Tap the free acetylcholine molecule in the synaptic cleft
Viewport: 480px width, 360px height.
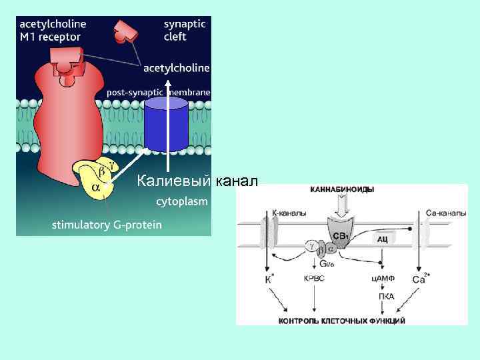point(124,30)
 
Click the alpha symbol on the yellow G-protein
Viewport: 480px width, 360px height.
point(96,188)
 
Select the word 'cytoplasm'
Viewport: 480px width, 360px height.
point(182,200)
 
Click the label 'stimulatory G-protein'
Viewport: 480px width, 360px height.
point(107,225)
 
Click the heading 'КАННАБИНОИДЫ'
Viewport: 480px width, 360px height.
point(341,189)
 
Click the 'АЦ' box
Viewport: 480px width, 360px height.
point(383,237)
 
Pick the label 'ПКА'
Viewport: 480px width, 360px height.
point(385,295)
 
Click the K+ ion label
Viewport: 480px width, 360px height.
point(269,279)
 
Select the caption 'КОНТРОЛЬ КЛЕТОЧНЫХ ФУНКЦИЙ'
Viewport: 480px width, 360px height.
point(341,321)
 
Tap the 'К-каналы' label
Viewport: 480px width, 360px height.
point(289,214)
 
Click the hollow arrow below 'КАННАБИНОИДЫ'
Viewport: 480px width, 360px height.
point(341,207)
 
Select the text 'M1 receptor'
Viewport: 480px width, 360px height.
point(50,37)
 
